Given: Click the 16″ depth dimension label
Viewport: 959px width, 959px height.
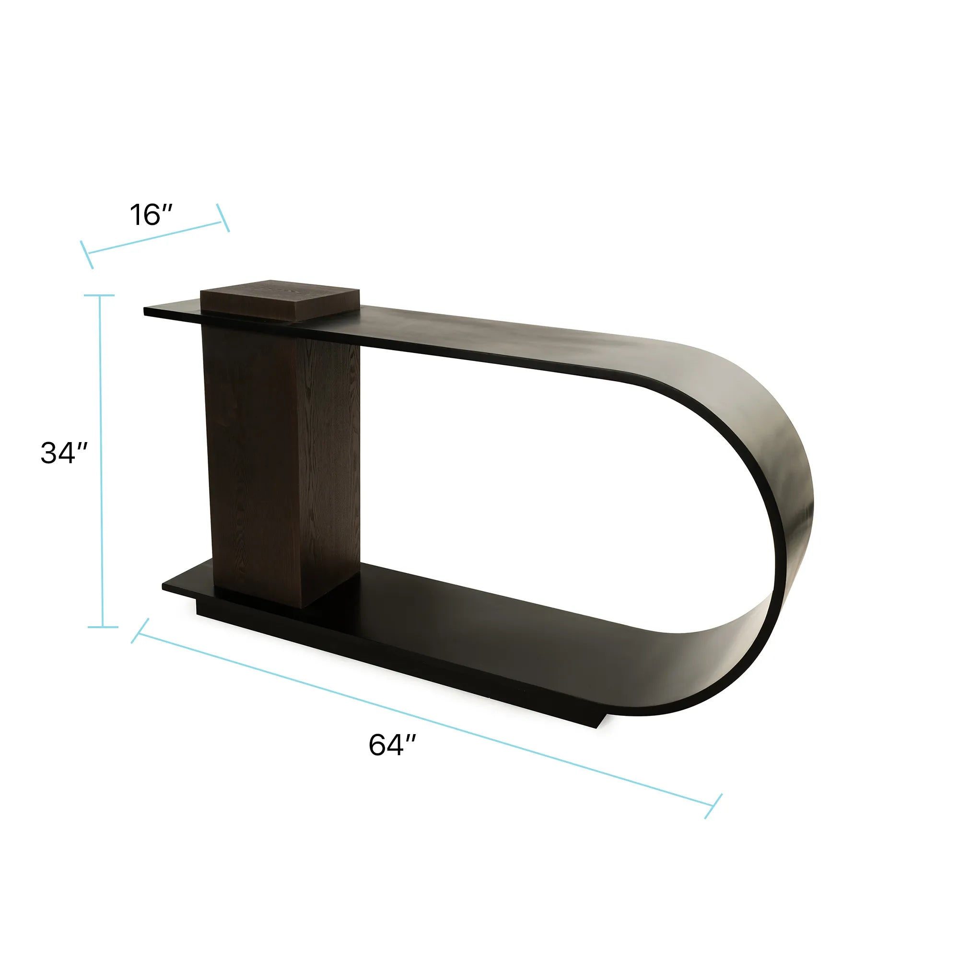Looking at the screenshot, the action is (151, 214).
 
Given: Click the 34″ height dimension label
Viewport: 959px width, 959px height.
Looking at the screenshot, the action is (64, 453).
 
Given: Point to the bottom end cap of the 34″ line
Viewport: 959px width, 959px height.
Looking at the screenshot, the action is (103, 627).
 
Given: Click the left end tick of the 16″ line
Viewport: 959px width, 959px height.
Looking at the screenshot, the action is (87, 255).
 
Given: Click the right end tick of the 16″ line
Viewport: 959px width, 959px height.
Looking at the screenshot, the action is (223, 218).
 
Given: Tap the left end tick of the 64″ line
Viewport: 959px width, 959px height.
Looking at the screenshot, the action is (140, 631).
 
